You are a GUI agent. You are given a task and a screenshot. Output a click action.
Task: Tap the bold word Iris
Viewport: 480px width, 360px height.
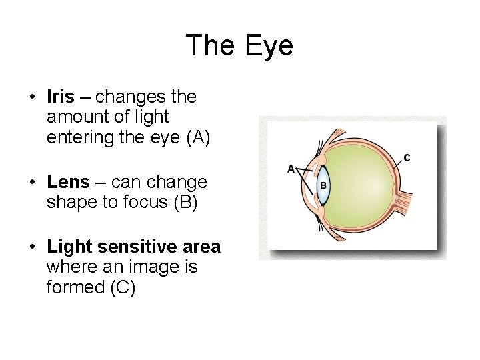(61, 97)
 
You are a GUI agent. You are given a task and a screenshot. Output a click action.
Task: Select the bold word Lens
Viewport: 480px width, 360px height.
(68, 182)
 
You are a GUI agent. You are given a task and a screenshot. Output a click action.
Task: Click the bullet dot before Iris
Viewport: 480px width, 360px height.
(32, 97)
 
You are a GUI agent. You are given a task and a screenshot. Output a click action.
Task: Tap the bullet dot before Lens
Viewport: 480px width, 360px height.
(32, 183)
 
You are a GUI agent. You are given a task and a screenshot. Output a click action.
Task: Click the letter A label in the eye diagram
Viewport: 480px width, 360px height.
(291, 169)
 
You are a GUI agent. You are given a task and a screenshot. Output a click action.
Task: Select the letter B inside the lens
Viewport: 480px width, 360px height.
(322, 184)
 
